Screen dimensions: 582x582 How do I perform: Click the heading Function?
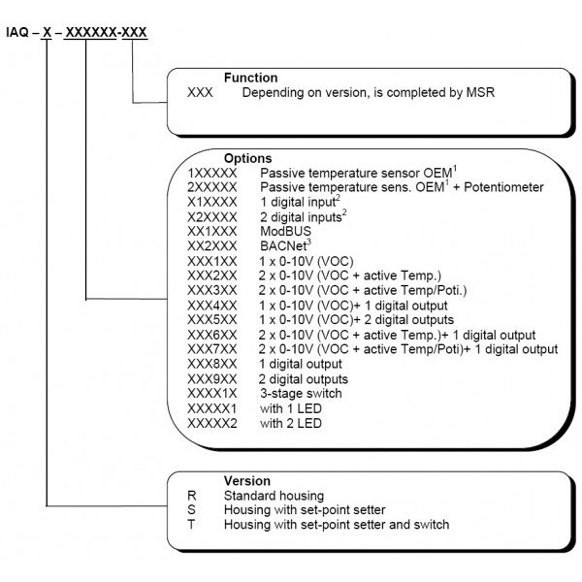click(250, 78)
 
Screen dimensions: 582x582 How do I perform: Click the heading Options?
click(248, 158)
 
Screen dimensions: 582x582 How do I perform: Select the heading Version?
click(246, 480)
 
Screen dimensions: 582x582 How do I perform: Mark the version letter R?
click(192, 495)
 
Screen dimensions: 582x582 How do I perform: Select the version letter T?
click(192, 524)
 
